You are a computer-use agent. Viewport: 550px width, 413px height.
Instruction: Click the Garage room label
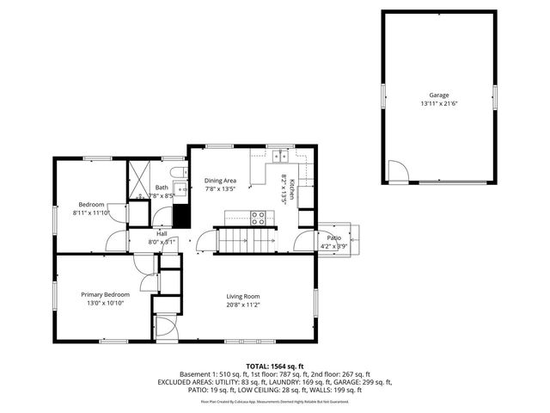439,95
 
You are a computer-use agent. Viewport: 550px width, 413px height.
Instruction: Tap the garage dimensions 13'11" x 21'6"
439,103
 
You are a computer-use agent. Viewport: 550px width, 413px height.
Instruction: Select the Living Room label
242,296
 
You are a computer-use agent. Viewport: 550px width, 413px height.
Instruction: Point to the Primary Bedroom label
106,294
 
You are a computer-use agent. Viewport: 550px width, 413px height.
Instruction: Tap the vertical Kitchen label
291,189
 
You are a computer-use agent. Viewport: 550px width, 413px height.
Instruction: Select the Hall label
162,233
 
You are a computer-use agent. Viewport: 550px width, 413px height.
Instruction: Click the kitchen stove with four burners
259,218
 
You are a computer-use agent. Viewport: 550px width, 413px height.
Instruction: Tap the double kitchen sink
280,157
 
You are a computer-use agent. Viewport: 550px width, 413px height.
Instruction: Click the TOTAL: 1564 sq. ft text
274,366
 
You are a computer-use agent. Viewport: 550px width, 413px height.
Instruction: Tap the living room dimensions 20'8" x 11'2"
242,305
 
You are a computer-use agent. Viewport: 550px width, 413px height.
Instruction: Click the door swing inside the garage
397,172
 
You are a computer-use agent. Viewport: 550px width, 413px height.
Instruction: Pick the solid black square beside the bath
180,214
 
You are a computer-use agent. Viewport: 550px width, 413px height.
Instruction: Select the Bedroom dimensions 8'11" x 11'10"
92,213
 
